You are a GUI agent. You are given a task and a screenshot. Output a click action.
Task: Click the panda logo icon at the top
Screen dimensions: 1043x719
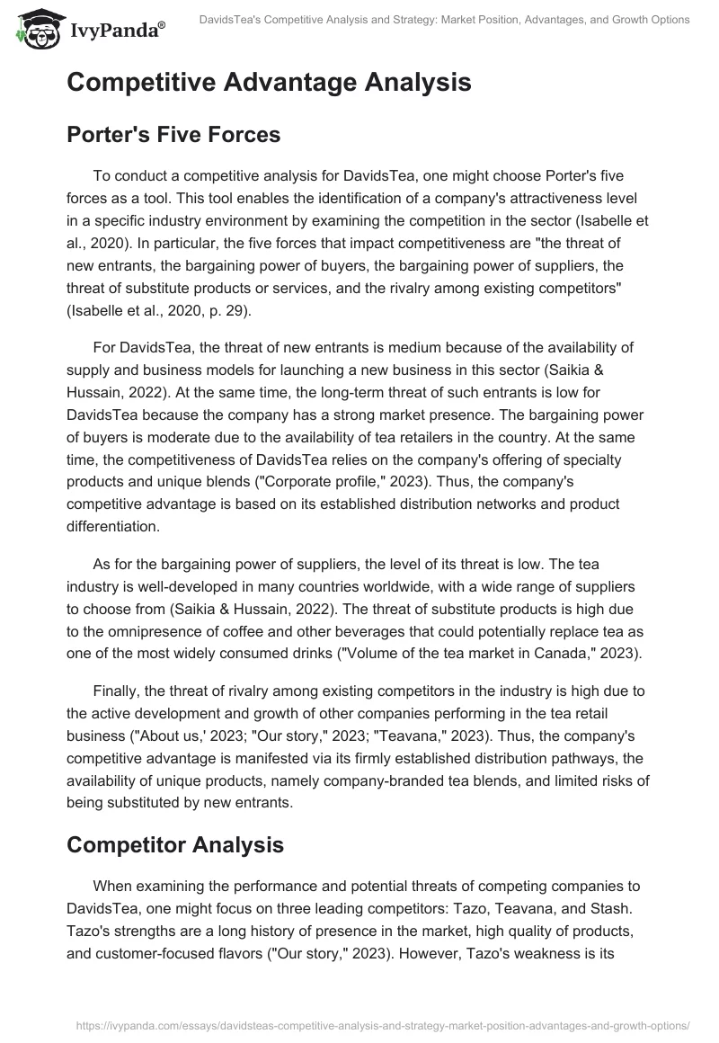pyautogui.click(x=37, y=30)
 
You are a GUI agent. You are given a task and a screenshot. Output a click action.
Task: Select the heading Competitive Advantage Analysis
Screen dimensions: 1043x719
pyautogui.click(x=269, y=82)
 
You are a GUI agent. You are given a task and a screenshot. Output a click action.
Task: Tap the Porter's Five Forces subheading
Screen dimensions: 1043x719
pyautogui.click(x=173, y=135)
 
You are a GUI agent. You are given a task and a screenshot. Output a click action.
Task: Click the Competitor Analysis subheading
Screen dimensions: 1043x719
pyautogui.click(x=175, y=844)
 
